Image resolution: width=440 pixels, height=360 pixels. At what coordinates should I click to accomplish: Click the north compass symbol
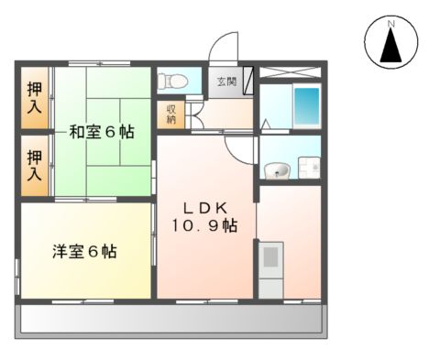(x=390, y=44)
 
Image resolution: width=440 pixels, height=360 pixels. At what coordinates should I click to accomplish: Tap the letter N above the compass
(x=390, y=22)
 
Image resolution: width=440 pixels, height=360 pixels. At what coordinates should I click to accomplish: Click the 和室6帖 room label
(x=101, y=132)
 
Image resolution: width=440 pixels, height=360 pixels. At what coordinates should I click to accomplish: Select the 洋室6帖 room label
(x=83, y=251)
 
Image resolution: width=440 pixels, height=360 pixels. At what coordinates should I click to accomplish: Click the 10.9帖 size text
(x=205, y=225)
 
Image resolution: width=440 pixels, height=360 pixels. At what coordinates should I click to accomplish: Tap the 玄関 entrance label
(x=226, y=82)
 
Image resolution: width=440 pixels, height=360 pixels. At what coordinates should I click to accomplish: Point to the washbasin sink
(x=276, y=170)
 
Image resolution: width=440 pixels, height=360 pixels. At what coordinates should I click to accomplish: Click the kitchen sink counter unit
(x=270, y=268)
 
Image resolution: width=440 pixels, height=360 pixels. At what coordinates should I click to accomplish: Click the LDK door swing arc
(x=237, y=147)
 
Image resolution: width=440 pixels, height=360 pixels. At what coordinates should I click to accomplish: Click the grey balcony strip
(x=170, y=320)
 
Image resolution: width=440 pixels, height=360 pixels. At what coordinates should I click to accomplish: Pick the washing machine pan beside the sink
(x=308, y=169)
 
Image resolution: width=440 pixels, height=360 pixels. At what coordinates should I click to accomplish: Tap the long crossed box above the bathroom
(x=291, y=71)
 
